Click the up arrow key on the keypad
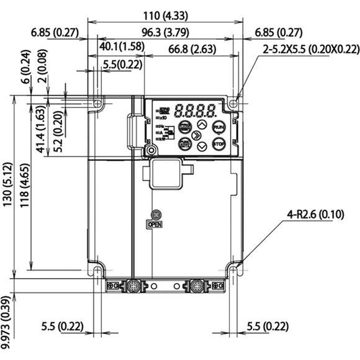pos(202,124)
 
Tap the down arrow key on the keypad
pos(202,147)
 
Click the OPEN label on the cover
pos(155,224)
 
